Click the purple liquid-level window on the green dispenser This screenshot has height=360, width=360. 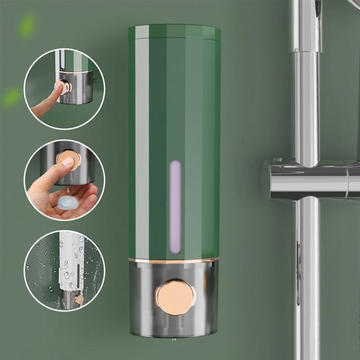point(175,206)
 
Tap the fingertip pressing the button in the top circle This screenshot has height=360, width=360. point(59,87)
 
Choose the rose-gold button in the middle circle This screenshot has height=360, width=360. point(68,158)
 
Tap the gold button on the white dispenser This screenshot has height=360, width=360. point(79,298)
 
